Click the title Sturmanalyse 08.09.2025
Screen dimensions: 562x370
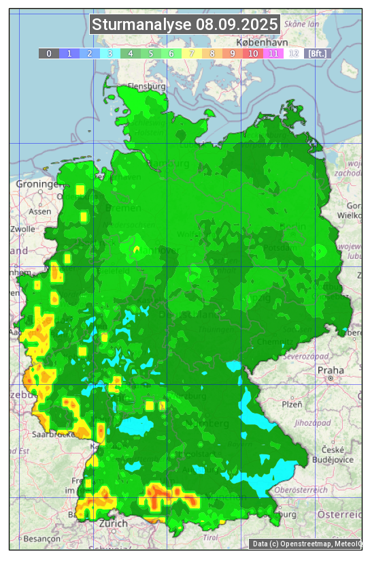point(185,25)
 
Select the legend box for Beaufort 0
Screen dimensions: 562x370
point(49,53)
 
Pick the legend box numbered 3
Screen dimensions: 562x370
point(110,53)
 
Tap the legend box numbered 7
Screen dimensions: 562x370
point(192,53)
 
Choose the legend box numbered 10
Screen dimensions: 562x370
point(253,53)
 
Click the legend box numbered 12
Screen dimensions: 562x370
point(294,53)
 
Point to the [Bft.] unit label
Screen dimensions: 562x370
point(317,53)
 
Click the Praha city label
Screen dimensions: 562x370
point(331,370)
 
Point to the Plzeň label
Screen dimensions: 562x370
point(292,405)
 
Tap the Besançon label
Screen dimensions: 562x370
point(41,538)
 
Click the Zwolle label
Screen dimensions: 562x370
point(22,229)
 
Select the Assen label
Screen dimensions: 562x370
point(40,211)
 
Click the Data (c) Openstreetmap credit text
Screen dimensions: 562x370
point(306,544)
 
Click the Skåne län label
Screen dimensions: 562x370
point(303,24)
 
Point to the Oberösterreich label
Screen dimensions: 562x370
point(301,490)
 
